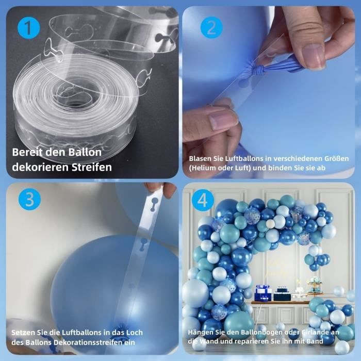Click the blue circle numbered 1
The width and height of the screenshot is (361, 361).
pyautogui.click(x=28, y=28)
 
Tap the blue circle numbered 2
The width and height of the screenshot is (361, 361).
pyautogui.click(x=211, y=28)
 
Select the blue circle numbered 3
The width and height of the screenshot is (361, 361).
pyautogui.click(x=29, y=199)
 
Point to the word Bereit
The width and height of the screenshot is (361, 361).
pyautogui.click(x=27, y=153)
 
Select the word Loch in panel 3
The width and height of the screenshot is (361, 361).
pyautogui.click(x=134, y=333)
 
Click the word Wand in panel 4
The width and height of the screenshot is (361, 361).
pyautogui.click(x=206, y=341)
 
